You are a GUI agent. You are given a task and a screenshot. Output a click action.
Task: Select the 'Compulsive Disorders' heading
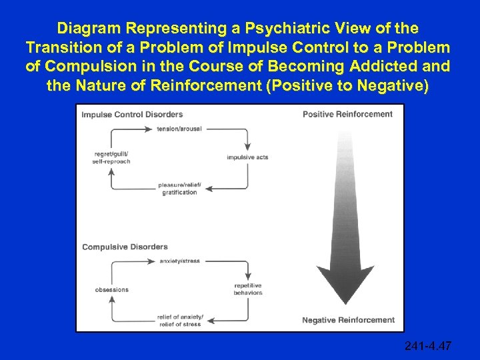tap(125, 247)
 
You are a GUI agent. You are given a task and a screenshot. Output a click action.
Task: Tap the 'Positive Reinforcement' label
tap(347, 114)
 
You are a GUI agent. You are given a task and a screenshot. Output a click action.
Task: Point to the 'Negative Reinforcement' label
tap(348, 320)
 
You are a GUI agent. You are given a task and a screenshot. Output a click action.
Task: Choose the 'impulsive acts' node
tap(247, 157)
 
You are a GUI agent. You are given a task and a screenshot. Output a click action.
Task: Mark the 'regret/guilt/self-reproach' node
tap(113, 158)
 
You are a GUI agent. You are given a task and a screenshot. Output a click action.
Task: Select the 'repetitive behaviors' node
tap(248, 289)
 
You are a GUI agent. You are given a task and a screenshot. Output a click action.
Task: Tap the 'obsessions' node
tap(112, 290)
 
